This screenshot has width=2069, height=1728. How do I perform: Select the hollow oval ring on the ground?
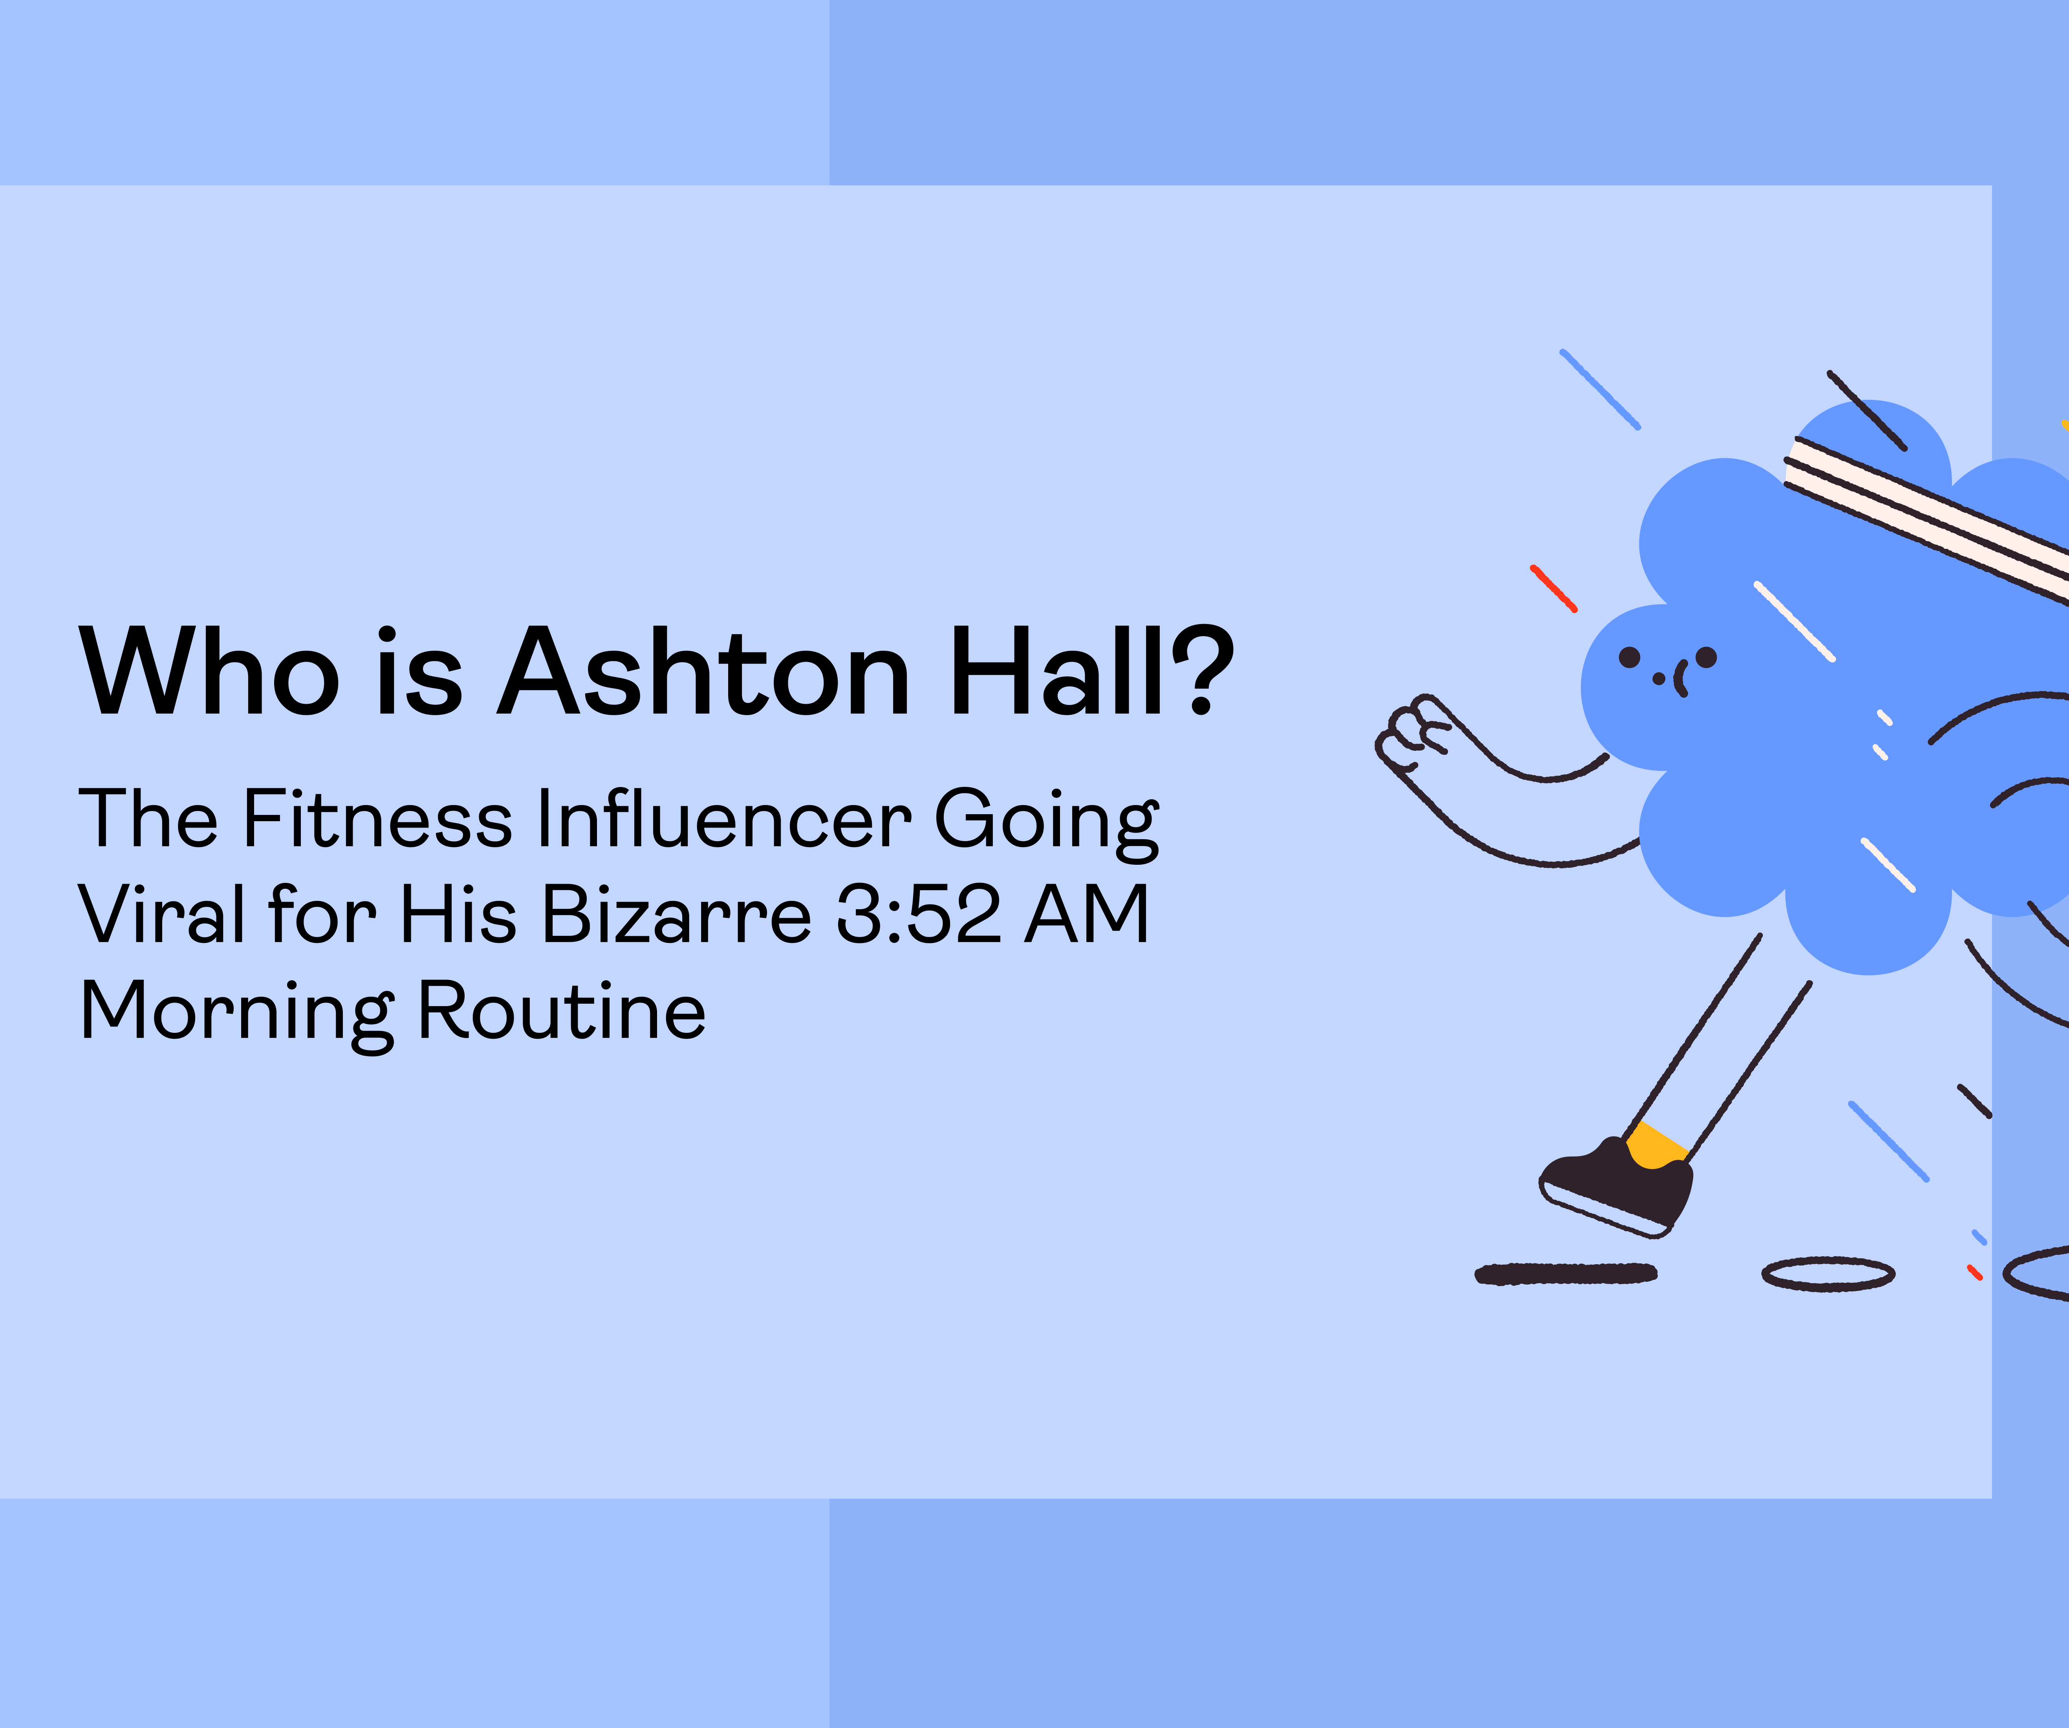point(1827,1274)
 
